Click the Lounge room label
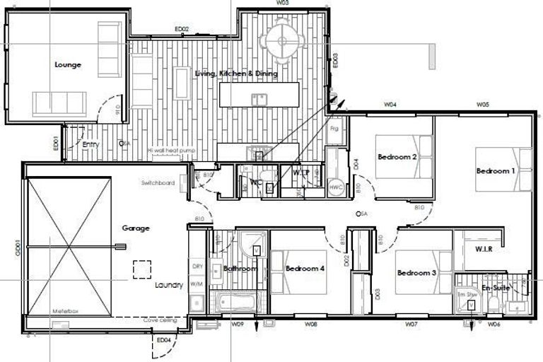(x=68, y=65)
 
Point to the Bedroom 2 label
(x=397, y=157)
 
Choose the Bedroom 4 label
(x=305, y=269)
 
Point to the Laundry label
(x=169, y=286)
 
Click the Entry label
(x=90, y=145)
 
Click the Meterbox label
(x=65, y=311)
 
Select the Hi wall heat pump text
(x=170, y=151)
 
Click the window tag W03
(x=282, y=4)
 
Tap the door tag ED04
(x=163, y=340)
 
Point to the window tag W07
(x=411, y=325)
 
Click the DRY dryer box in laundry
(x=197, y=267)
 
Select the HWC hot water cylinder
(x=337, y=187)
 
